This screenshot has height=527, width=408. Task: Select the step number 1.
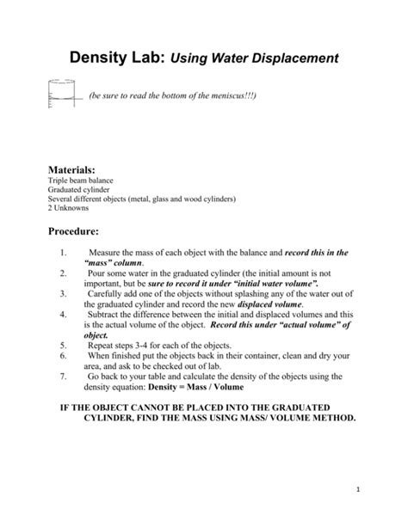[65, 254]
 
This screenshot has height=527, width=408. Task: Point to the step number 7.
[65, 377]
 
